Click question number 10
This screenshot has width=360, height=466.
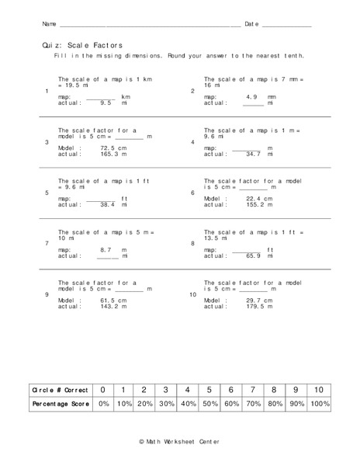click(193, 295)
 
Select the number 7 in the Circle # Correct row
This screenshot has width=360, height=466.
click(251, 389)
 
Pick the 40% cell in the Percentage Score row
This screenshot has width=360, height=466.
click(187, 405)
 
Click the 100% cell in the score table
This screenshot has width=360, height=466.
click(319, 405)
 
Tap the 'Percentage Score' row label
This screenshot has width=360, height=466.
click(57, 405)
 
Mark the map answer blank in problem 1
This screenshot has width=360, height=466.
click(99, 96)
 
